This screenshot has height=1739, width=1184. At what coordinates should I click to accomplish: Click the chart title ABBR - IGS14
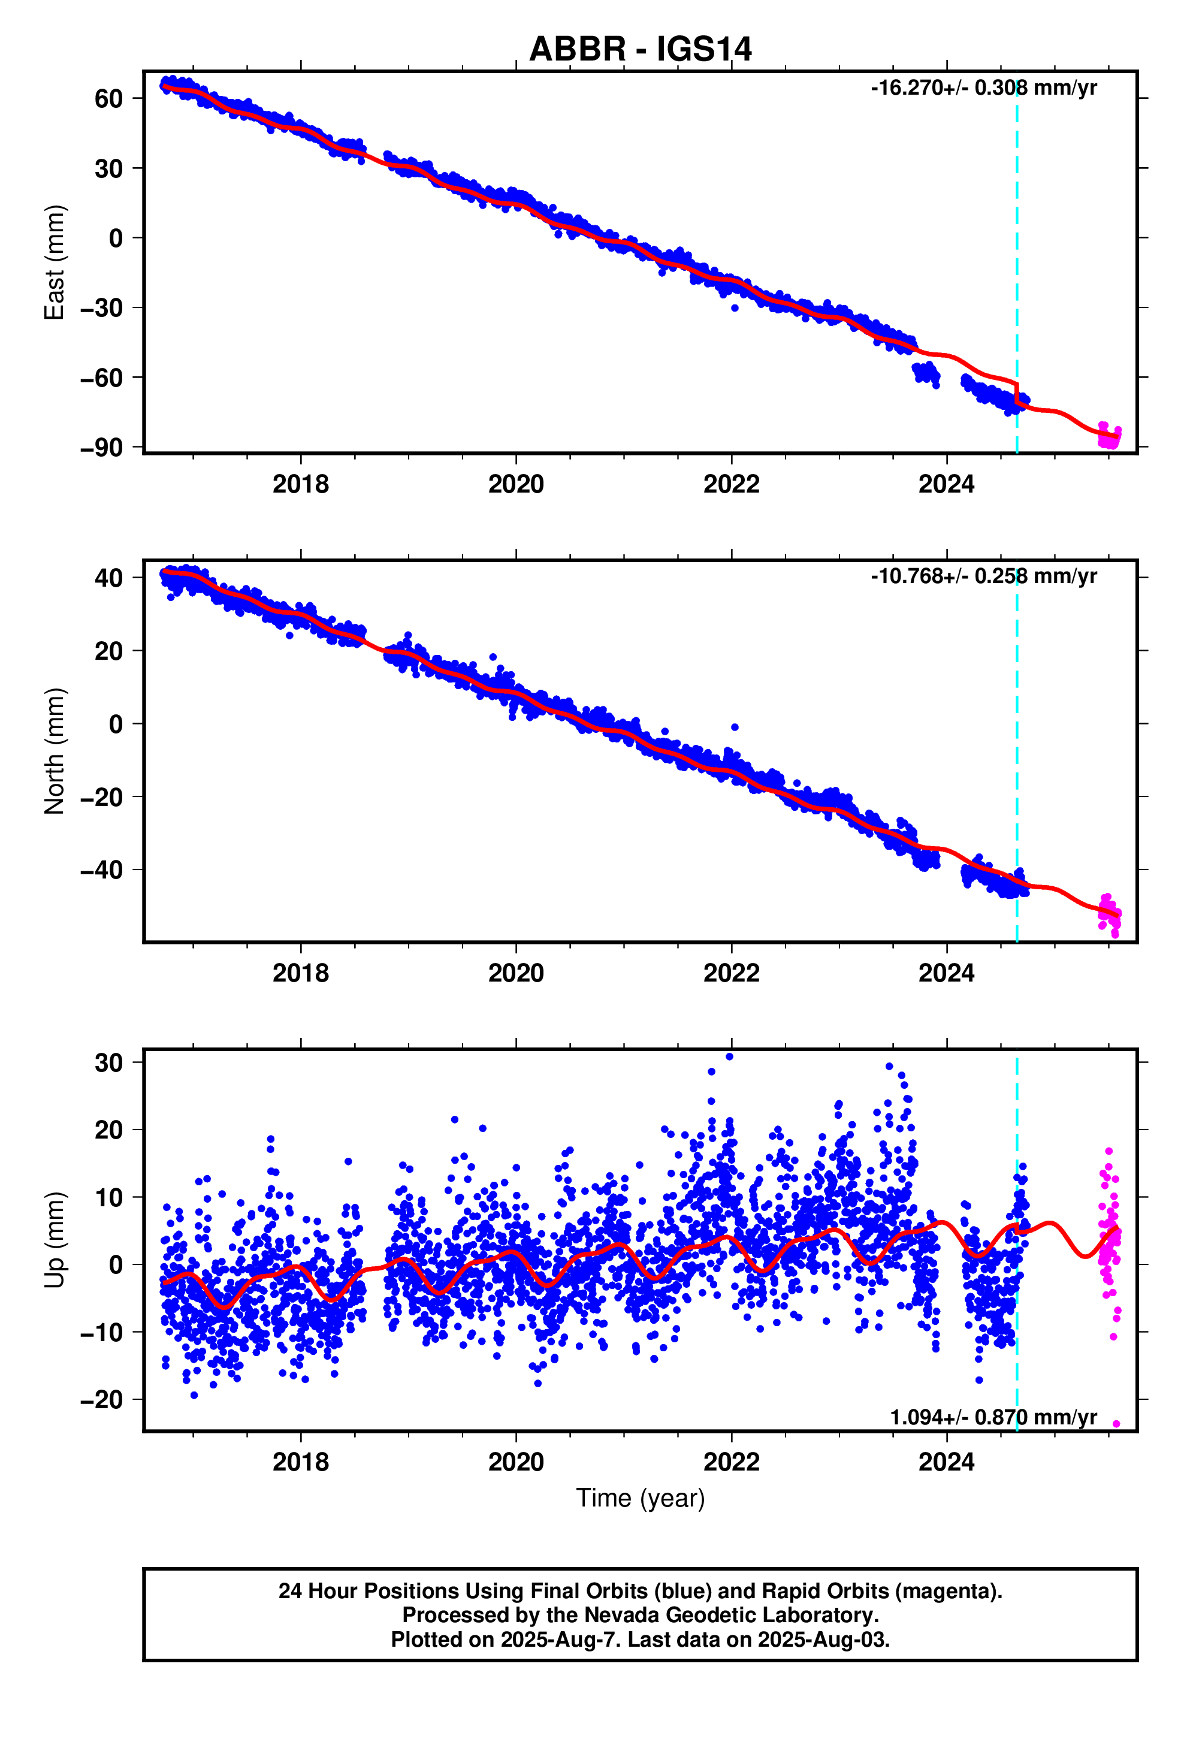pos(640,49)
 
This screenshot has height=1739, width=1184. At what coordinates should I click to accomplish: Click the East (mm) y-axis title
pos(55,262)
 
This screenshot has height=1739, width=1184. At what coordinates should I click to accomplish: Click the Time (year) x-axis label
pos(640,1498)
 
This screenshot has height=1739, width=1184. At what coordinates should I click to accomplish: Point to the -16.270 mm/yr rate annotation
pos(983,87)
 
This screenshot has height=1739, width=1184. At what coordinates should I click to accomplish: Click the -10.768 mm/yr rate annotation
pos(983,576)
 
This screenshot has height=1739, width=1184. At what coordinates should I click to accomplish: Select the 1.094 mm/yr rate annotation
pos(992,1417)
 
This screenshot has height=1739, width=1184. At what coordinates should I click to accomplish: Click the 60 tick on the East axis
pos(108,99)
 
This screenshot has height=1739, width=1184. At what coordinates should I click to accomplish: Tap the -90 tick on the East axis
pos(101,448)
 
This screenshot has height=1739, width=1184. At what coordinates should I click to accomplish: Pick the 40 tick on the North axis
pos(108,578)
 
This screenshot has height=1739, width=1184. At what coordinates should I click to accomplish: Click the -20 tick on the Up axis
pos(101,1399)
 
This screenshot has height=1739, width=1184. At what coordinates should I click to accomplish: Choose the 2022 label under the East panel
pos(730,484)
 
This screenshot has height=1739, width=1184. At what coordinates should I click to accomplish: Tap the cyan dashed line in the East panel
pos(1016,225)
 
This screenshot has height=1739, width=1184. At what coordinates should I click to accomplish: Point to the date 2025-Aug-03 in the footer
pos(823,1640)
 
